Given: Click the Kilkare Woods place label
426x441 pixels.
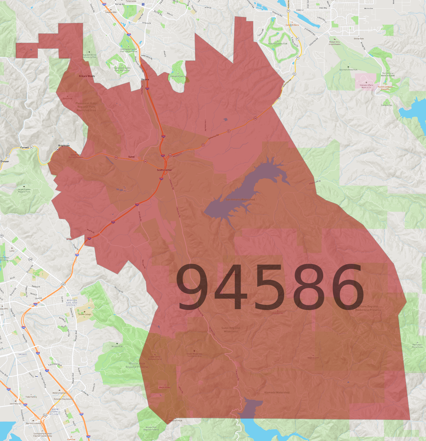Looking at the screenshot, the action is click(87, 76).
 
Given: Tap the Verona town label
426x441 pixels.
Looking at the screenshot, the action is click(145, 79).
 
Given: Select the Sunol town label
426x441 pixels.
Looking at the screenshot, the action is click(131, 157).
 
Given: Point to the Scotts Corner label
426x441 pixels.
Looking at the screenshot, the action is click(164, 170).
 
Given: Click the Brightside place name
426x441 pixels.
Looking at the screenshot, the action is click(64, 146).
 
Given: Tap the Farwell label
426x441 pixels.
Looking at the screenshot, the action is click(25, 148).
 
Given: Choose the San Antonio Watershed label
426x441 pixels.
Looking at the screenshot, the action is click(240, 200).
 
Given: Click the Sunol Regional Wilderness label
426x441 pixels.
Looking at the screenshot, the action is click(231, 330).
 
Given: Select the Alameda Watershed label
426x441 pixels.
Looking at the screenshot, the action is click(277, 393).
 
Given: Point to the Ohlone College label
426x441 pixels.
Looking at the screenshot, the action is click(85, 314).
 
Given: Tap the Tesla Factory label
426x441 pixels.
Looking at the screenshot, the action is click(31, 397).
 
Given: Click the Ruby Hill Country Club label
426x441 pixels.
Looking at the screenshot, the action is click(277, 44).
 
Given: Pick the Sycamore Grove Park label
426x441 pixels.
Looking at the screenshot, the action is click(348, 70).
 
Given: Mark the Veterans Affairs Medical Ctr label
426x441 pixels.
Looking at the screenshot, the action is click(366, 86).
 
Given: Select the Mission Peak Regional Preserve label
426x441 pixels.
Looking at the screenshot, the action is click(137, 365).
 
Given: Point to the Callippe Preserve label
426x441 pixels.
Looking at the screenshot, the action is click(178, 76).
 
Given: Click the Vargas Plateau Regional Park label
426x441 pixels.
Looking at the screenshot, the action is click(24, 191).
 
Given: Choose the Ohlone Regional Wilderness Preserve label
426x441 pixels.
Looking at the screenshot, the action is click(368, 308).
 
